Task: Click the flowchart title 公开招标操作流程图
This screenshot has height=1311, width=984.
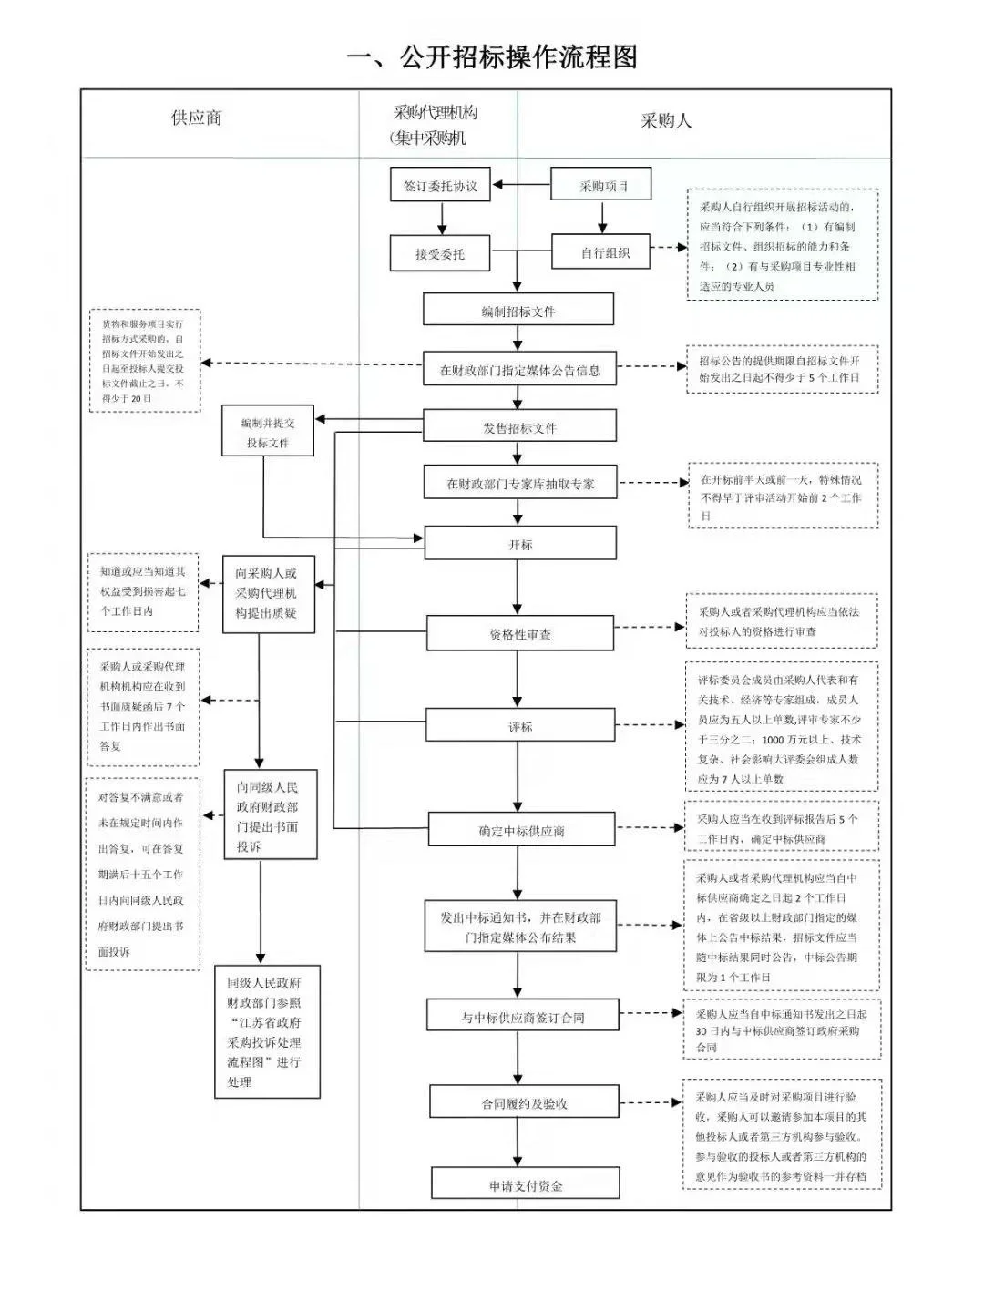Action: tap(492, 57)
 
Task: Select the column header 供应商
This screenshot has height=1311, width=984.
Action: tap(196, 118)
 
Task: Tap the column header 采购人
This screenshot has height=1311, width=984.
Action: tap(666, 120)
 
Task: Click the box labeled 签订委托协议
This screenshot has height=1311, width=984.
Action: tap(440, 186)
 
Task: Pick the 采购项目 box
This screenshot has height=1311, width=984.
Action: tap(602, 185)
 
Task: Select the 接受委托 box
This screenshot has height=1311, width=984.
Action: tap(440, 254)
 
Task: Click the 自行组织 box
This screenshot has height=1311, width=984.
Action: tap(601, 252)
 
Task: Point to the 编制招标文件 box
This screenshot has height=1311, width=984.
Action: tap(518, 310)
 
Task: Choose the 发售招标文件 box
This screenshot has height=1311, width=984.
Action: tap(519, 426)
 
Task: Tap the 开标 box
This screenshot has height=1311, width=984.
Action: tap(520, 544)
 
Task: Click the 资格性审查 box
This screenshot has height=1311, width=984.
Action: tap(520, 633)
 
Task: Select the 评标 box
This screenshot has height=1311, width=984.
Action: tap(520, 726)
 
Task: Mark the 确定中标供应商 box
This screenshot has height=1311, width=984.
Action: tap(521, 830)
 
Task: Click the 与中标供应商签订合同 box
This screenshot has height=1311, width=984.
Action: tap(523, 1016)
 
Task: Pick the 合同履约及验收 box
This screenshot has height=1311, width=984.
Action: tap(524, 1102)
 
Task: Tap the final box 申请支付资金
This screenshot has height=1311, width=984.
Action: tap(526, 1184)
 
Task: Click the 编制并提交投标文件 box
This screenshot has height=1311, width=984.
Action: tap(268, 432)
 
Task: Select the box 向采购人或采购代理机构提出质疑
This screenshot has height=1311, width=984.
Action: tap(268, 593)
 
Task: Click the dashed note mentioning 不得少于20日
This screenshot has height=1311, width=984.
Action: tap(144, 361)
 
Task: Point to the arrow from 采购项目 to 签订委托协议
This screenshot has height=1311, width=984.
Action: tap(520, 186)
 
